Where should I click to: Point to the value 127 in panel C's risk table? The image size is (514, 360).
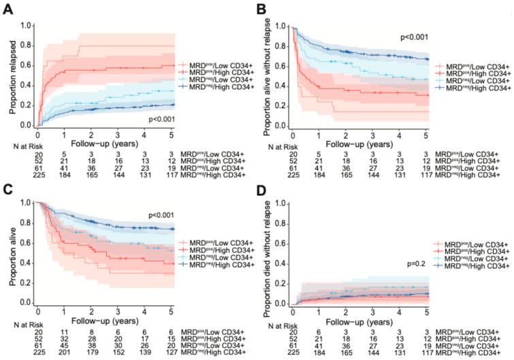coord(173,353)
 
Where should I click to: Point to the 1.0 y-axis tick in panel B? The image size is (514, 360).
coord(289,27)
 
